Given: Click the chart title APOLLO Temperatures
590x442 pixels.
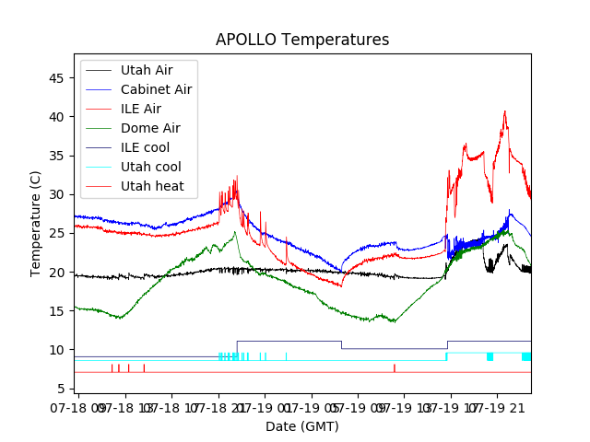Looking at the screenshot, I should tap(302, 41).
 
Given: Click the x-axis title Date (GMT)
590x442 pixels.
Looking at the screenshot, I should tap(302, 426).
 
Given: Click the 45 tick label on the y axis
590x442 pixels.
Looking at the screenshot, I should tap(57, 78).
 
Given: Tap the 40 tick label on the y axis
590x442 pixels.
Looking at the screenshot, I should tap(57, 117).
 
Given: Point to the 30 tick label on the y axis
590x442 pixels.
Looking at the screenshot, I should tap(57, 194).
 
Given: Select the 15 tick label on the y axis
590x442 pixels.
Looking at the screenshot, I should tap(57, 311).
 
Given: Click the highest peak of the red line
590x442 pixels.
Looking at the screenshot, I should tap(505, 111).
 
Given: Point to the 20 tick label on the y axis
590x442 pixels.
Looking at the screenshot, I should tap(57, 273).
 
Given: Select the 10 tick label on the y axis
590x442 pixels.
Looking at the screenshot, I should tap(57, 350).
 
